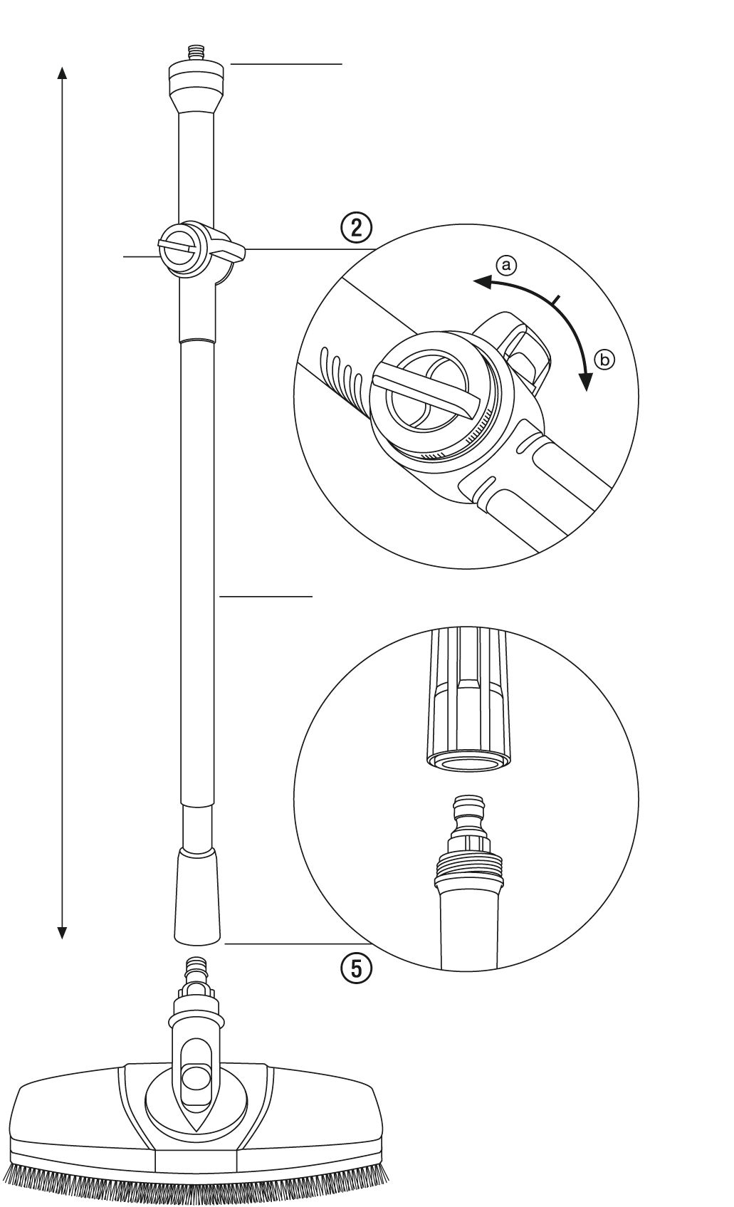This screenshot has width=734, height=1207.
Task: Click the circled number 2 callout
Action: pos(355,228)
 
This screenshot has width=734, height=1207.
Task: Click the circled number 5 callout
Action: pos(356,969)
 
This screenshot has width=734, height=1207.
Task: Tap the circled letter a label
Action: pos(505,265)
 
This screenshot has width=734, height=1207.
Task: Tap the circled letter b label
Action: pos(604,360)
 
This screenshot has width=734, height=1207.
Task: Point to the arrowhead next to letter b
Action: pos(586,381)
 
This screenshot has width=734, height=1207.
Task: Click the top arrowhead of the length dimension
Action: pos(62,74)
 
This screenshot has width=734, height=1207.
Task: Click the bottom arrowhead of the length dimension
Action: pos(62,931)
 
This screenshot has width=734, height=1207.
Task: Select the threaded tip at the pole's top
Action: pos(196,55)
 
